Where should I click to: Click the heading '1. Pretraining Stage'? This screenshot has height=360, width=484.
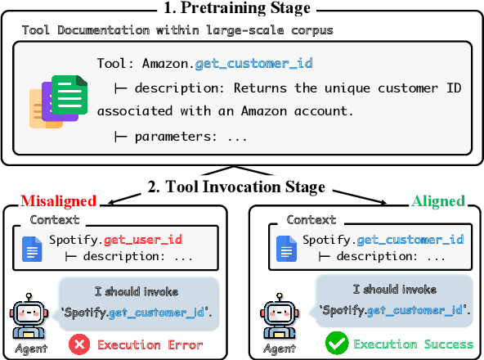click(x=242, y=10)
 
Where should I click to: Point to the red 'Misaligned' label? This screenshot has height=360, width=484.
click(x=58, y=201)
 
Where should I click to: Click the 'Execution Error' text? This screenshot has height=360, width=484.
click(x=150, y=344)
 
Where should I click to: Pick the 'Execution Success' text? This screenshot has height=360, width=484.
click(x=413, y=344)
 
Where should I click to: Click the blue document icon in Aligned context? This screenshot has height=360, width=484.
click(x=287, y=248)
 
